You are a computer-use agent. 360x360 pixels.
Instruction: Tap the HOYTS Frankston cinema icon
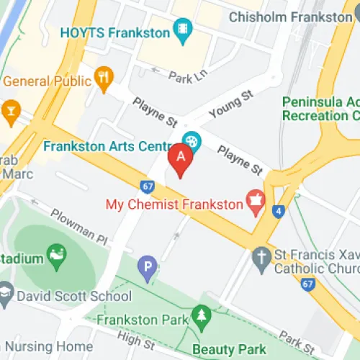tap(183, 30)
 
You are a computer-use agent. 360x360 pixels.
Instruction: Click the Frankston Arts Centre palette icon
tap(192, 140)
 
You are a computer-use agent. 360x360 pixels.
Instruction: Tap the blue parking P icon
tap(148, 269)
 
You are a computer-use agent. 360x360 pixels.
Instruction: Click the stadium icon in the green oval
tap(55, 253)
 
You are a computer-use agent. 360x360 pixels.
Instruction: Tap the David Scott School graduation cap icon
tap(6, 292)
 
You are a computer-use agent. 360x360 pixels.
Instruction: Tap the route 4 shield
tap(278, 211)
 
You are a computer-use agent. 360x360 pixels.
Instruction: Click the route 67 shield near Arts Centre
tap(148, 186)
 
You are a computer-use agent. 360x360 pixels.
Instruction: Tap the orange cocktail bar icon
tap(10, 109)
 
